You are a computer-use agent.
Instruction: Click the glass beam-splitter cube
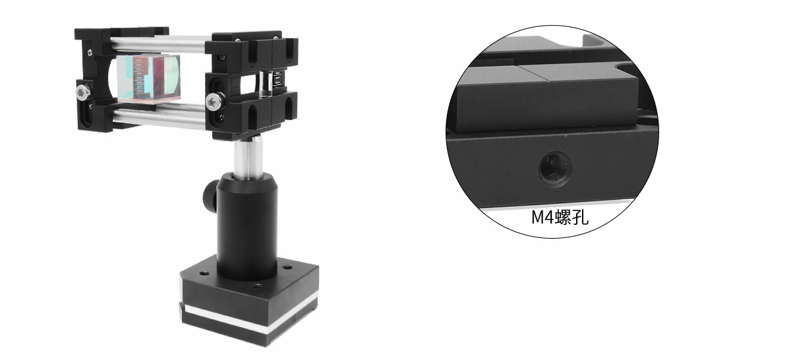[x=149, y=78]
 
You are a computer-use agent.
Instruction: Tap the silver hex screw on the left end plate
[x=82, y=92]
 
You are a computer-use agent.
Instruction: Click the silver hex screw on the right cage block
[x=215, y=101]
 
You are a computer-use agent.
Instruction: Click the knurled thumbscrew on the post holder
[x=210, y=195]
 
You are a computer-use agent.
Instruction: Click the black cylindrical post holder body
[x=247, y=226]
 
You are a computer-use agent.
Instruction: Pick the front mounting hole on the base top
[x=258, y=285]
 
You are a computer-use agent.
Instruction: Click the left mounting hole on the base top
[x=203, y=274]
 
